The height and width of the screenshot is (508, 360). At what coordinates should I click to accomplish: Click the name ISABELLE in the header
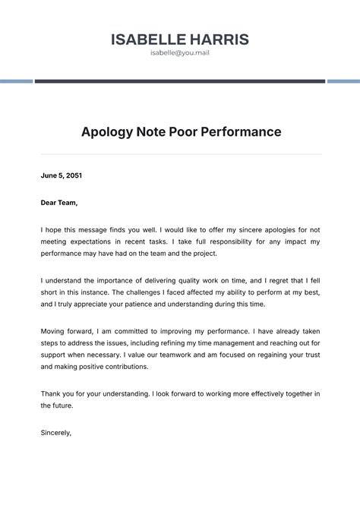point(147,39)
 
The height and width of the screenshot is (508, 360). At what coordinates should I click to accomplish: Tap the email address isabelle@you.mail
point(179,54)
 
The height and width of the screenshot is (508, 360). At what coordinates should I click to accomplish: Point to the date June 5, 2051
point(61,175)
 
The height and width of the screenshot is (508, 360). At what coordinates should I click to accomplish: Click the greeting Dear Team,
point(59,203)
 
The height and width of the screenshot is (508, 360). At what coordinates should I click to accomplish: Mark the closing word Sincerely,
point(56,433)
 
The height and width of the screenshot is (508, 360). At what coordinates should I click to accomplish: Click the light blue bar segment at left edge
point(16,81)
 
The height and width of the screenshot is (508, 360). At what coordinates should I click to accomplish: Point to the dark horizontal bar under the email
point(179,81)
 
